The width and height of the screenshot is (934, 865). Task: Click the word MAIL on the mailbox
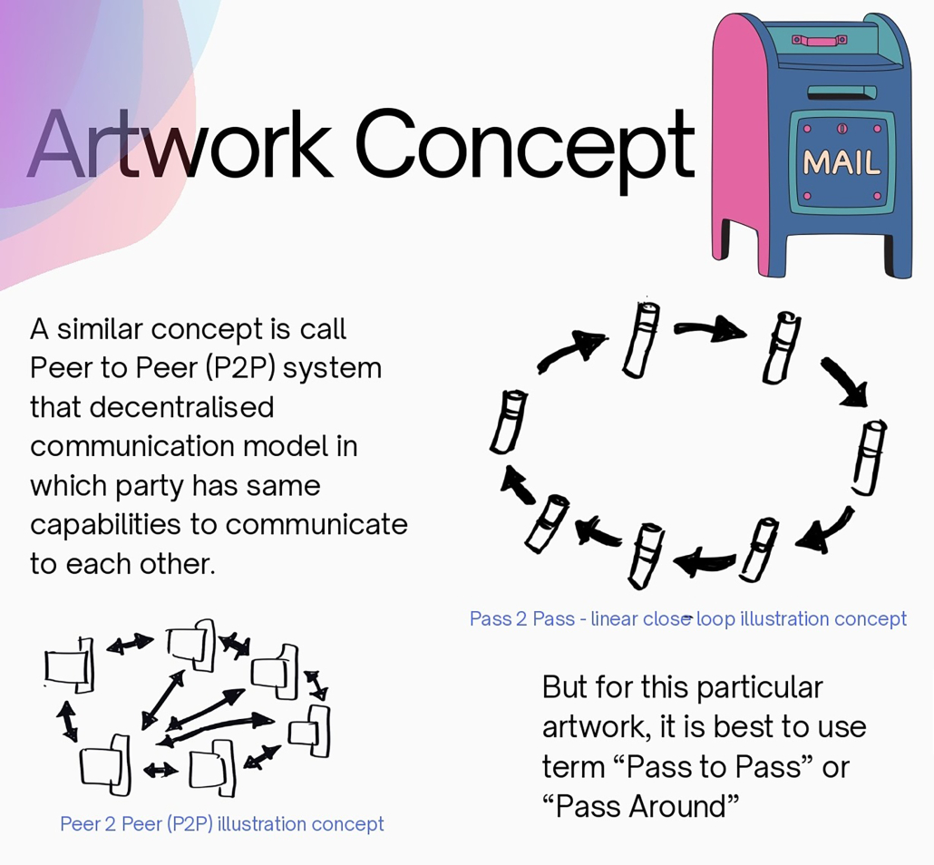pos(842,162)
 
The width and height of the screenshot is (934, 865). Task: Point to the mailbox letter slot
pos(842,92)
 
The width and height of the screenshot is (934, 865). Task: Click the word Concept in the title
pos(525,146)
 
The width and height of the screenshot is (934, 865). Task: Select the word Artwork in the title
pos(180,143)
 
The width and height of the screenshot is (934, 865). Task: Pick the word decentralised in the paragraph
pos(181,407)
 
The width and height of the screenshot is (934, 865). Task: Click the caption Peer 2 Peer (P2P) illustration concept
pos(222,824)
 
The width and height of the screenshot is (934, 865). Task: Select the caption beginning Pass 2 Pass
pos(688,618)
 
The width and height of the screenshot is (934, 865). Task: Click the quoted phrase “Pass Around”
pos(641,807)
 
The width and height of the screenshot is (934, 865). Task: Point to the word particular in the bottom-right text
pos(760,688)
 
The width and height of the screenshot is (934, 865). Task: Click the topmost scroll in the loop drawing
pos(641,340)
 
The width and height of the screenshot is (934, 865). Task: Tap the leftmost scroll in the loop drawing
pos(508,422)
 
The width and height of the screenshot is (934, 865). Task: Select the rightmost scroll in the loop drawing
pos(869,458)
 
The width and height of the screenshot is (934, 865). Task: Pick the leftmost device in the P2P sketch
pos(69,666)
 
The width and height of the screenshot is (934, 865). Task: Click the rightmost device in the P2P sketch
pos(310,731)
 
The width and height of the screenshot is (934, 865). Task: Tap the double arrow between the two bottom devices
pos(161,771)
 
